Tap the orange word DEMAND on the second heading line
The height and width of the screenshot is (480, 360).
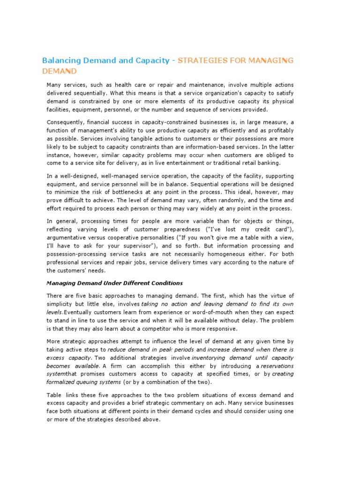tap(59, 71)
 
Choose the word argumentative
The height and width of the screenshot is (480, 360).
tap(68, 238)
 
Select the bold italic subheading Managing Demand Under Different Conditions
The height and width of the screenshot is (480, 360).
tap(114, 283)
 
